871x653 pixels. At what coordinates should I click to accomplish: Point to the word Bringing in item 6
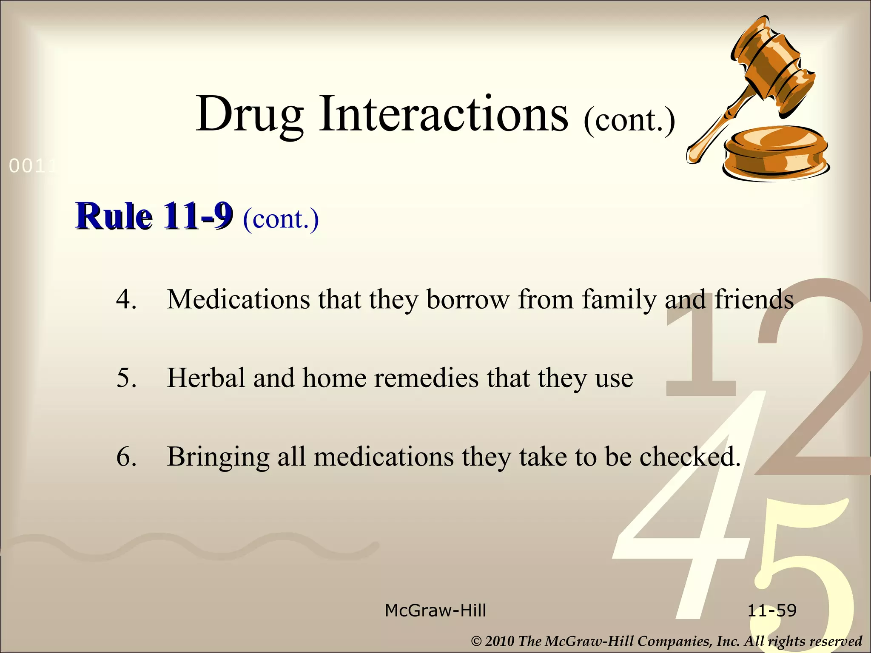[218, 457]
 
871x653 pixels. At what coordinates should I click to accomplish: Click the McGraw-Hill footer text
[435, 610]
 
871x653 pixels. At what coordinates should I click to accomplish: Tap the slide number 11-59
[772, 610]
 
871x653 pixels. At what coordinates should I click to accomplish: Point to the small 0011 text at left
[32, 166]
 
